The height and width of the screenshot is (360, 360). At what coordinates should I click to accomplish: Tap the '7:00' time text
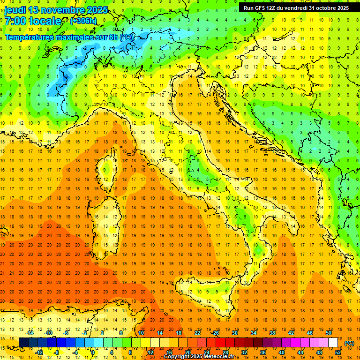[x=15, y=21]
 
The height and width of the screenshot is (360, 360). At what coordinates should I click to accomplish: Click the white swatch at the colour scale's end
[x=333, y=343]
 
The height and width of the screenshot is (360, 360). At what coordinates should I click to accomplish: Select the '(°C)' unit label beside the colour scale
[x=349, y=343]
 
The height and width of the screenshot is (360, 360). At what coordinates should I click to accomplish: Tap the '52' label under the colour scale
[x=338, y=352]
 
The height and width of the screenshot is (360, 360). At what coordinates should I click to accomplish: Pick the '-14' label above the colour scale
[x=30, y=333]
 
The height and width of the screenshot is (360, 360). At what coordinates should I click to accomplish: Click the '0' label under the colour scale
[x=93, y=352]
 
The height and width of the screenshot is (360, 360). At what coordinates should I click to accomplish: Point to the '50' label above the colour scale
[x=328, y=333]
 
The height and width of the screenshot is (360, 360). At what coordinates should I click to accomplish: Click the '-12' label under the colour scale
[x=39, y=352]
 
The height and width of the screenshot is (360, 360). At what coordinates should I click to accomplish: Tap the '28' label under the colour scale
[x=225, y=352]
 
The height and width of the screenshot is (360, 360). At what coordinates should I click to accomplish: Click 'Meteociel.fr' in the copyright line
[x=222, y=357]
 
